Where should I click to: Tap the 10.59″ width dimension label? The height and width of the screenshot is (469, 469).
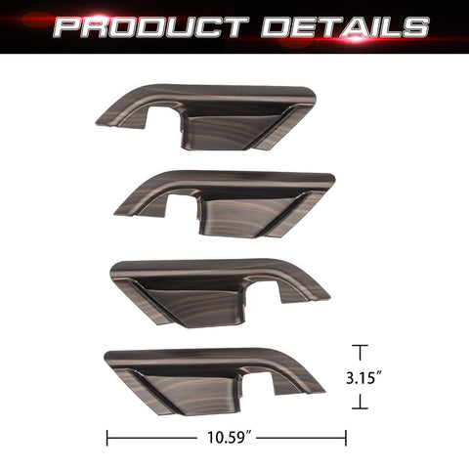[x=228, y=439]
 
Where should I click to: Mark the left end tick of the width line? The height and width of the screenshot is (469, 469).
[x=107, y=439]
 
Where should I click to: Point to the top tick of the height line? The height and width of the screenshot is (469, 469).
[x=361, y=346]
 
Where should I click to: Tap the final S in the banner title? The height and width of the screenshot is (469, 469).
[x=414, y=26]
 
